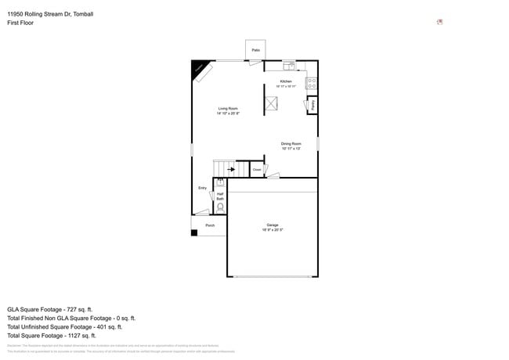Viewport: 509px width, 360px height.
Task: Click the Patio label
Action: coord(255,50)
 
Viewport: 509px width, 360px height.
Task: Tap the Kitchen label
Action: coord(286,82)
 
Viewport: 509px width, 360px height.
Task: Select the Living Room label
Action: coord(228,109)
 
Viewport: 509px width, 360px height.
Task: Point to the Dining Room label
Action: coord(291,144)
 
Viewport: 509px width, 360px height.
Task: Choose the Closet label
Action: coord(256,169)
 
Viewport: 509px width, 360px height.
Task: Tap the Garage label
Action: coord(273,225)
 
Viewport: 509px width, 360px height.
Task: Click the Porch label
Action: coord(210,225)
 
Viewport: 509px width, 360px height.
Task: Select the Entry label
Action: coord(202,188)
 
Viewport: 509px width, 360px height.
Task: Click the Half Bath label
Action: coord(220,196)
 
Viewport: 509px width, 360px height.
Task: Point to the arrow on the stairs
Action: coord(231,168)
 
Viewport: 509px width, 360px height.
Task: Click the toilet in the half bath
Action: coord(220,208)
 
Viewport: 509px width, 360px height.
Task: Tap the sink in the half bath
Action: coord(220,182)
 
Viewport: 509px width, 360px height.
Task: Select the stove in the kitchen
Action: coord(311,81)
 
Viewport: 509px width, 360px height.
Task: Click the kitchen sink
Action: coord(289,65)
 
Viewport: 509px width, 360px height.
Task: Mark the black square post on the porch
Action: coord(194,232)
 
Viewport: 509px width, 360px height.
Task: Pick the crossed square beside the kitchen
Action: coord(273,104)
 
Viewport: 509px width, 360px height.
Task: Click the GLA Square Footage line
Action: coord(50,309)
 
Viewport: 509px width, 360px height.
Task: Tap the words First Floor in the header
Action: coord(20,23)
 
